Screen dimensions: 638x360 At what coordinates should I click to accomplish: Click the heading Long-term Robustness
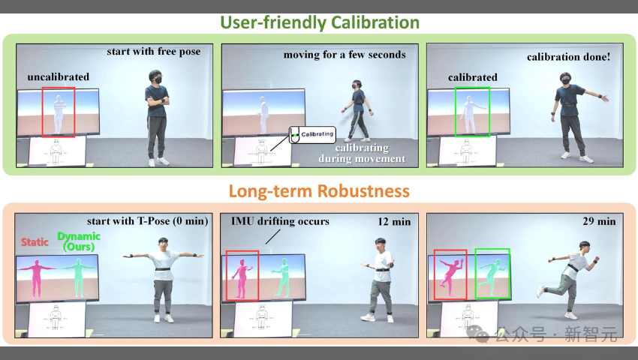coord(319,191)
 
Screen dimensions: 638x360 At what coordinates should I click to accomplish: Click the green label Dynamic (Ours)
coord(79,241)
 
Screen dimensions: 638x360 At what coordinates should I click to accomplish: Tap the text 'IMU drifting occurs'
coord(275,221)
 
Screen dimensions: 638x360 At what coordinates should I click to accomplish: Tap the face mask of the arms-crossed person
coord(157,79)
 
